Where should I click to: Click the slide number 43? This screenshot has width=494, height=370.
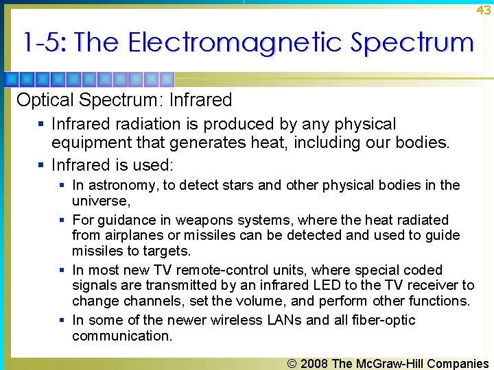point(484,10)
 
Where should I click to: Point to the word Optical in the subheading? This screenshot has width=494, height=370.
point(45,100)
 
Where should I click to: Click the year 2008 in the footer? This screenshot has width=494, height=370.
point(313,363)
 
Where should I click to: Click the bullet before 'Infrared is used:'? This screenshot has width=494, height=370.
point(43,165)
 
